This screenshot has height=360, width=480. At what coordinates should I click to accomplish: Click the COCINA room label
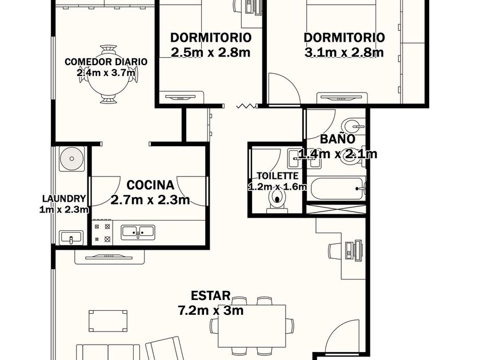[x=150, y=185]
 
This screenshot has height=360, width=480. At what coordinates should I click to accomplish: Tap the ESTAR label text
[x=211, y=296]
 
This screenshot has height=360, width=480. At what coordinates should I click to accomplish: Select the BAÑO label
[x=338, y=139]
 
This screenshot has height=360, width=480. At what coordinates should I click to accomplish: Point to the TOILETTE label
[x=278, y=176]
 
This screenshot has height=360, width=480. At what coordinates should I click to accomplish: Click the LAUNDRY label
[x=63, y=199]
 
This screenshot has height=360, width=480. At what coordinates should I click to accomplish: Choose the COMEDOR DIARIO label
[x=106, y=62]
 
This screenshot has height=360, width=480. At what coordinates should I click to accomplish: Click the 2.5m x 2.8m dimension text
[x=211, y=53]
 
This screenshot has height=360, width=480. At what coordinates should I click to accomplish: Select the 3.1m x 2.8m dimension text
[x=344, y=53]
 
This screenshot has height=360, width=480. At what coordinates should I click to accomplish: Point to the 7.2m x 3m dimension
[x=211, y=310]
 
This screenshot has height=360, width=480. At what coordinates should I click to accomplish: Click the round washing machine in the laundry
[x=71, y=159]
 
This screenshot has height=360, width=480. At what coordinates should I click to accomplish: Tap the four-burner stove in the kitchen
[x=102, y=233]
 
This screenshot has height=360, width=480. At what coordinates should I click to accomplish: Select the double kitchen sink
[x=138, y=233]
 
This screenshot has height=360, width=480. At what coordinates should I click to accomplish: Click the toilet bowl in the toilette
[x=277, y=198]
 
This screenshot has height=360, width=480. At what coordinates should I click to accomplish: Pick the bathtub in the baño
[x=337, y=188]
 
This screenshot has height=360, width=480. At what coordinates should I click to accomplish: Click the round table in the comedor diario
[x=109, y=75]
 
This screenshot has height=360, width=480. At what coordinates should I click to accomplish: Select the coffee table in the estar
[x=108, y=321]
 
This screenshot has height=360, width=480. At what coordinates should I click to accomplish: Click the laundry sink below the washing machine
[x=71, y=237]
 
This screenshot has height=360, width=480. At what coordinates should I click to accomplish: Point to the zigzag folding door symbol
[x=246, y=106]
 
